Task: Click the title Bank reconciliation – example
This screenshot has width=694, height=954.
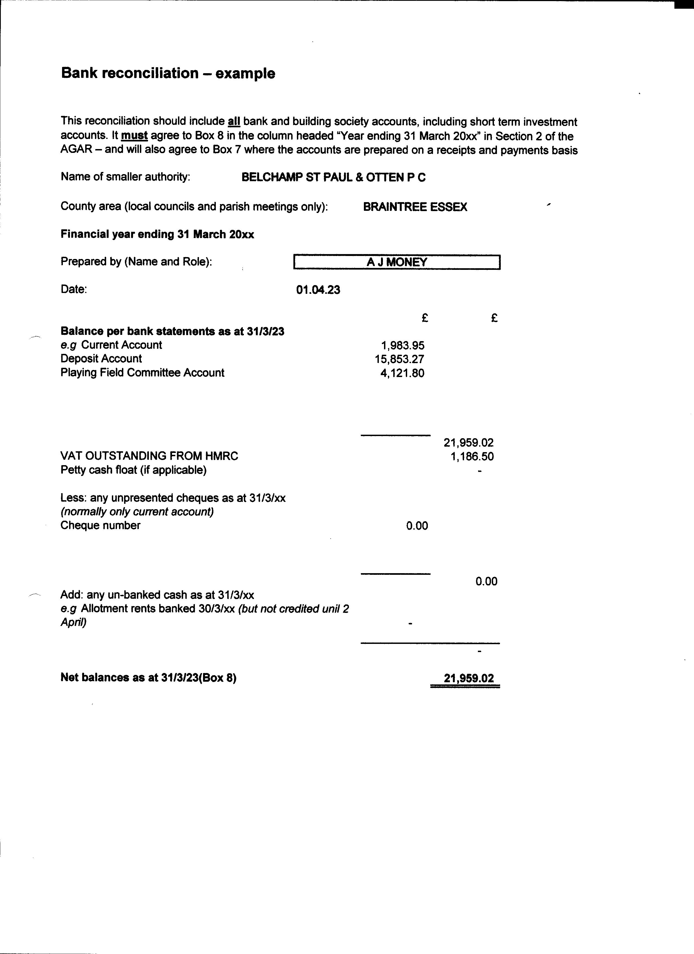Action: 168,73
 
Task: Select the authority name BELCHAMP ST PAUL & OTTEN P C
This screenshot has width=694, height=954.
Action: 333,178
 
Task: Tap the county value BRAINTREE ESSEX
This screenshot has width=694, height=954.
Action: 415,207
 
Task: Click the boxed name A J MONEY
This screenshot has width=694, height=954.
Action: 397,262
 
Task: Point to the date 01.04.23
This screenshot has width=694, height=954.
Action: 318,290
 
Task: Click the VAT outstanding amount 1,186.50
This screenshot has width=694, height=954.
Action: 472,456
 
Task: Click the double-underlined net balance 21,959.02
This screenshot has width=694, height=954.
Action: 468,678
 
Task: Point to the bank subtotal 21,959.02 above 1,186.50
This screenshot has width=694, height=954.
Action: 468,443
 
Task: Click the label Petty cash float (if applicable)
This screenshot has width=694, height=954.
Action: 133,470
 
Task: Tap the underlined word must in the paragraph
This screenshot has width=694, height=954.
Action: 134,136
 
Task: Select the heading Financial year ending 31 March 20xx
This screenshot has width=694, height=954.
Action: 157,234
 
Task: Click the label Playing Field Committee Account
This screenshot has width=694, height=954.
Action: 142,373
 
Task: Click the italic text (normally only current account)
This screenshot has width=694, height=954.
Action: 137,512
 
